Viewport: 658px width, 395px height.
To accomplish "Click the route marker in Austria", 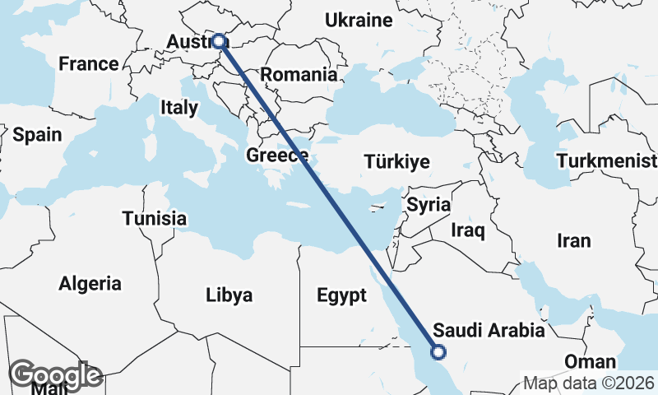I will [x=220, y=40].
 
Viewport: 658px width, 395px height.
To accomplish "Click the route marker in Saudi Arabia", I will [x=438, y=352].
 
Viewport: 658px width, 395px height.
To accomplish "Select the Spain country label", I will [x=37, y=134].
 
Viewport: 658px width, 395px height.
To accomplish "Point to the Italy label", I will [x=179, y=107].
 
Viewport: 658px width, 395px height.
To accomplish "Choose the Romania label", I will [x=299, y=74].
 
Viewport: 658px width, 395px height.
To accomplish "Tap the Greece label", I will [x=277, y=155].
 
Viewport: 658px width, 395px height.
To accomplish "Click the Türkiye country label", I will [x=398, y=162].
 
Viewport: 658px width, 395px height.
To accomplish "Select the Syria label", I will [x=429, y=204].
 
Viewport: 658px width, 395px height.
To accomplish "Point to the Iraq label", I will [x=468, y=230].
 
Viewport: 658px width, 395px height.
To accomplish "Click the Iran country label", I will [x=574, y=240].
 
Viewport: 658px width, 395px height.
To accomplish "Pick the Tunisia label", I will [x=154, y=219].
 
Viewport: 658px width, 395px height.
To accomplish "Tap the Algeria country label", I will [x=90, y=284].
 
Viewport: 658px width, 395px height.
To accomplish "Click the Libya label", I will [x=229, y=295].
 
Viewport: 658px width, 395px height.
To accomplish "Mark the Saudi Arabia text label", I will [x=489, y=331].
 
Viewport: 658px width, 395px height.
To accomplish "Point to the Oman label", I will [x=590, y=361].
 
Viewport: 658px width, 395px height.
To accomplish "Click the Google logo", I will [x=55, y=375].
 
